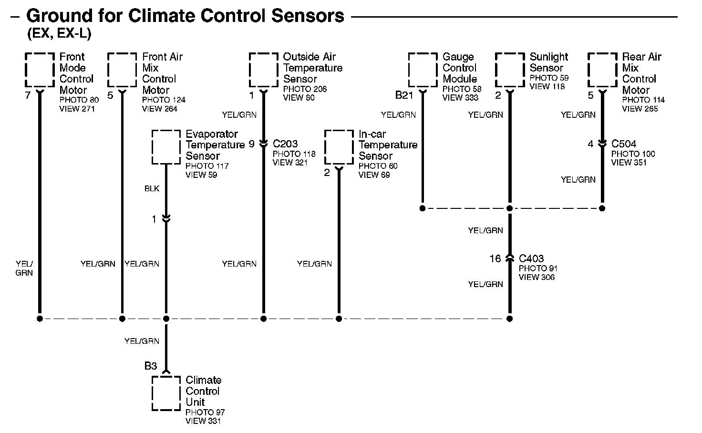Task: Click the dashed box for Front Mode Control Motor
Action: click(x=25, y=70)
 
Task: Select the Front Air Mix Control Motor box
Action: click(x=108, y=70)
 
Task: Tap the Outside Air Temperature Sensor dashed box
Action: click(x=250, y=70)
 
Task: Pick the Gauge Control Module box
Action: click(x=409, y=70)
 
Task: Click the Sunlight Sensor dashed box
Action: click(x=496, y=70)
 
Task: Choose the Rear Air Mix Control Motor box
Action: click(x=588, y=70)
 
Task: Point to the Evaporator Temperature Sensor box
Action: click(x=153, y=147)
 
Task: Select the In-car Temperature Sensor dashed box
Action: click(x=325, y=147)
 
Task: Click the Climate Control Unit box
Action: click(x=153, y=393)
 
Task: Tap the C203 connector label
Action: click(x=285, y=144)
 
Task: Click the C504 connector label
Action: click(x=624, y=144)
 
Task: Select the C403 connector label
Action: click(x=531, y=258)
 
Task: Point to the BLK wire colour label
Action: click(x=152, y=189)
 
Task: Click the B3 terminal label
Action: click(x=151, y=366)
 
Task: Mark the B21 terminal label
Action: click(x=404, y=95)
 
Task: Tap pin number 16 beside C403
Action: click(x=496, y=258)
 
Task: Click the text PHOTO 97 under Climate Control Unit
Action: click(x=205, y=412)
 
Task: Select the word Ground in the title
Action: click(x=60, y=16)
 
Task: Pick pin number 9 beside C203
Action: click(x=252, y=144)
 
